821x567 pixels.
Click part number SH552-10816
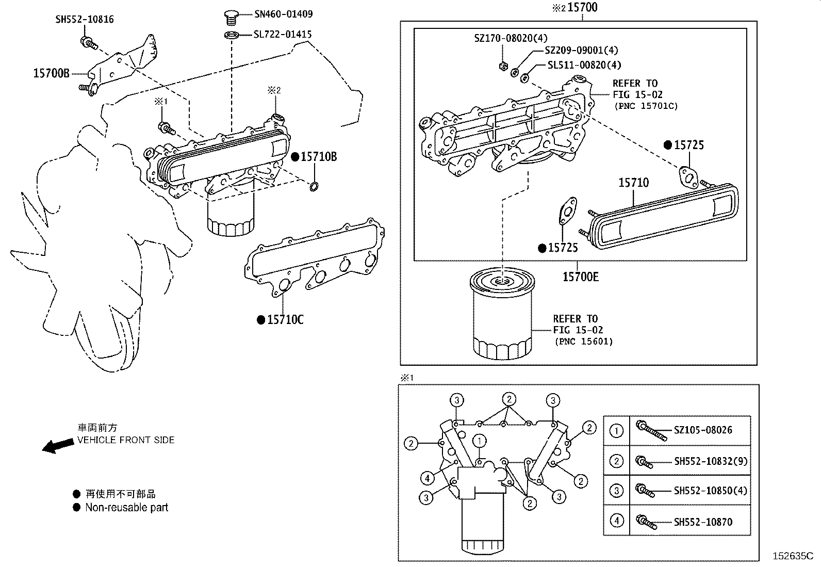(x=85, y=20)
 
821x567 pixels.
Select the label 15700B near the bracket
(x=51, y=73)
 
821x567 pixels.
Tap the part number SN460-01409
(x=283, y=14)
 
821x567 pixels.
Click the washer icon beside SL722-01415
(x=232, y=35)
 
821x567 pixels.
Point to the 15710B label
(x=319, y=157)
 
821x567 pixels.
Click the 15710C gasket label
(x=285, y=320)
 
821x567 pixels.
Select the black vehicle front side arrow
(x=57, y=445)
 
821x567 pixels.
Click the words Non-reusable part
(x=127, y=508)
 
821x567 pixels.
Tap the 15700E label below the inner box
(x=580, y=277)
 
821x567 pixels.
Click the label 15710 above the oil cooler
(x=633, y=183)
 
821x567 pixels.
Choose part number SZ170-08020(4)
(x=511, y=38)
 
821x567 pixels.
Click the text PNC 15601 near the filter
(x=584, y=342)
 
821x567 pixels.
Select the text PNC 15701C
(x=646, y=106)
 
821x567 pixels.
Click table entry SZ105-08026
(x=703, y=430)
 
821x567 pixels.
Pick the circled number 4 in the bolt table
(x=617, y=521)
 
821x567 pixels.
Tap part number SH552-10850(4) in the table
(x=710, y=491)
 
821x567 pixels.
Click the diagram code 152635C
(x=792, y=556)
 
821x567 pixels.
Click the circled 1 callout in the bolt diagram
(x=480, y=441)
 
